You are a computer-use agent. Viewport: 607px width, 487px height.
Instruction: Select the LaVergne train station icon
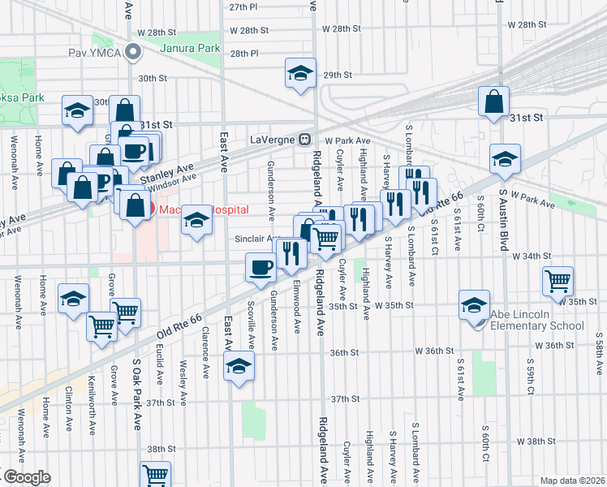pos(305,138)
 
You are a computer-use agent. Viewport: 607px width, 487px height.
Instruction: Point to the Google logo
pos(26,477)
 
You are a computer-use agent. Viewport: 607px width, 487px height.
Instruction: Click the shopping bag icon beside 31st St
pos(493,102)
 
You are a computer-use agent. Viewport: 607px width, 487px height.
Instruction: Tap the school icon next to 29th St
pos(299,75)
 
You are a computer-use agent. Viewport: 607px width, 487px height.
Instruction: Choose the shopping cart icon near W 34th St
pos(557,281)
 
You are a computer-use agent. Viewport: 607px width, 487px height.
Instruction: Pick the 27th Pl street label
pos(243,6)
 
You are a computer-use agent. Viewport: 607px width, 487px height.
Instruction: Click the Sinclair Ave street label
pos(256,239)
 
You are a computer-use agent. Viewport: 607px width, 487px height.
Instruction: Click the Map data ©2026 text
pos(571,481)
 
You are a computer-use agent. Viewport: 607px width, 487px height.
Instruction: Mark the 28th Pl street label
pos(243,54)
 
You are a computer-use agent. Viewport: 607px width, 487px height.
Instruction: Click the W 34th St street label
pos(532,256)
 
